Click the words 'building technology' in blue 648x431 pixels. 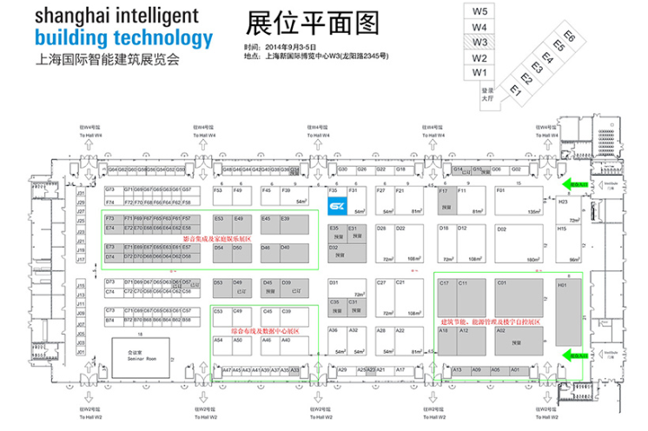pyautogui.click(x=122, y=39)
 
